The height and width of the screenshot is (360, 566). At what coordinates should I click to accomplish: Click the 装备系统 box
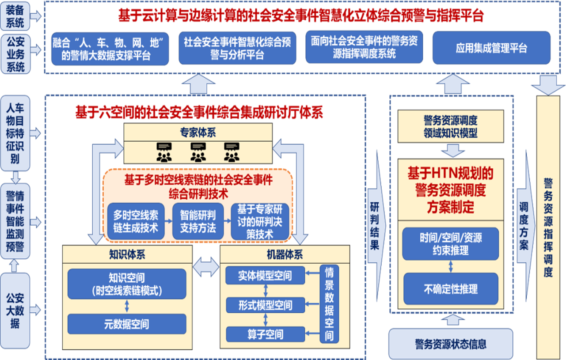tap(15, 16)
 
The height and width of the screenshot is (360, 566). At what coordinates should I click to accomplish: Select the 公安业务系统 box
tap(15, 54)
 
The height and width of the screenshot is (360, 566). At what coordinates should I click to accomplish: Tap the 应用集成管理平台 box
tap(491, 48)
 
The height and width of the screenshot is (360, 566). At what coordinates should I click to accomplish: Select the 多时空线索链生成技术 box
tap(136, 221)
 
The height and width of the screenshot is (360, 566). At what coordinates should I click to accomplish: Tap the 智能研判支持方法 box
tap(198, 221)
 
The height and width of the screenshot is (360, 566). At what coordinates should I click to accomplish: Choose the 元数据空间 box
tap(126, 325)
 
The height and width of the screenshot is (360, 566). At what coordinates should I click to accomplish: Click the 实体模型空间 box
tap(265, 276)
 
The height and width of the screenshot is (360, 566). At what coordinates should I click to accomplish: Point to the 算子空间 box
tap(265, 334)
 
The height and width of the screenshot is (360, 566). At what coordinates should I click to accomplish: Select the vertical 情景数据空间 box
tap(329, 304)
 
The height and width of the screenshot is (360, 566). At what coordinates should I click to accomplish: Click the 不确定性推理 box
tap(451, 289)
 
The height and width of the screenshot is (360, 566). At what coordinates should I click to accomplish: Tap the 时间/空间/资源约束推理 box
tap(451, 244)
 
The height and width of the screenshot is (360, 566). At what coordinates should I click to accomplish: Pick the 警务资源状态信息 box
tap(450, 344)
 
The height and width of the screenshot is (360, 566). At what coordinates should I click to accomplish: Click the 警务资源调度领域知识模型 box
tap(450, 126)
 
